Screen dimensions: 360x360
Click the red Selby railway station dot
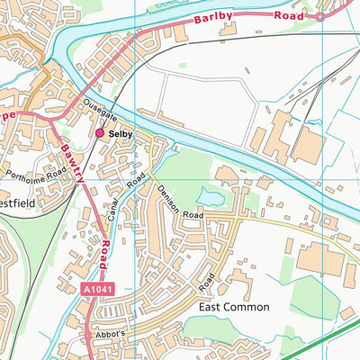click(100, 133)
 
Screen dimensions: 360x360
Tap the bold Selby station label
click(121, 134)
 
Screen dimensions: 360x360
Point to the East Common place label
click(233, 307)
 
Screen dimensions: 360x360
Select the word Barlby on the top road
click(211, 19)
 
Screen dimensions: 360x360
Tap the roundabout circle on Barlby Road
click(318, 15)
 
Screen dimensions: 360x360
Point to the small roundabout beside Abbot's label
click(89, 335)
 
